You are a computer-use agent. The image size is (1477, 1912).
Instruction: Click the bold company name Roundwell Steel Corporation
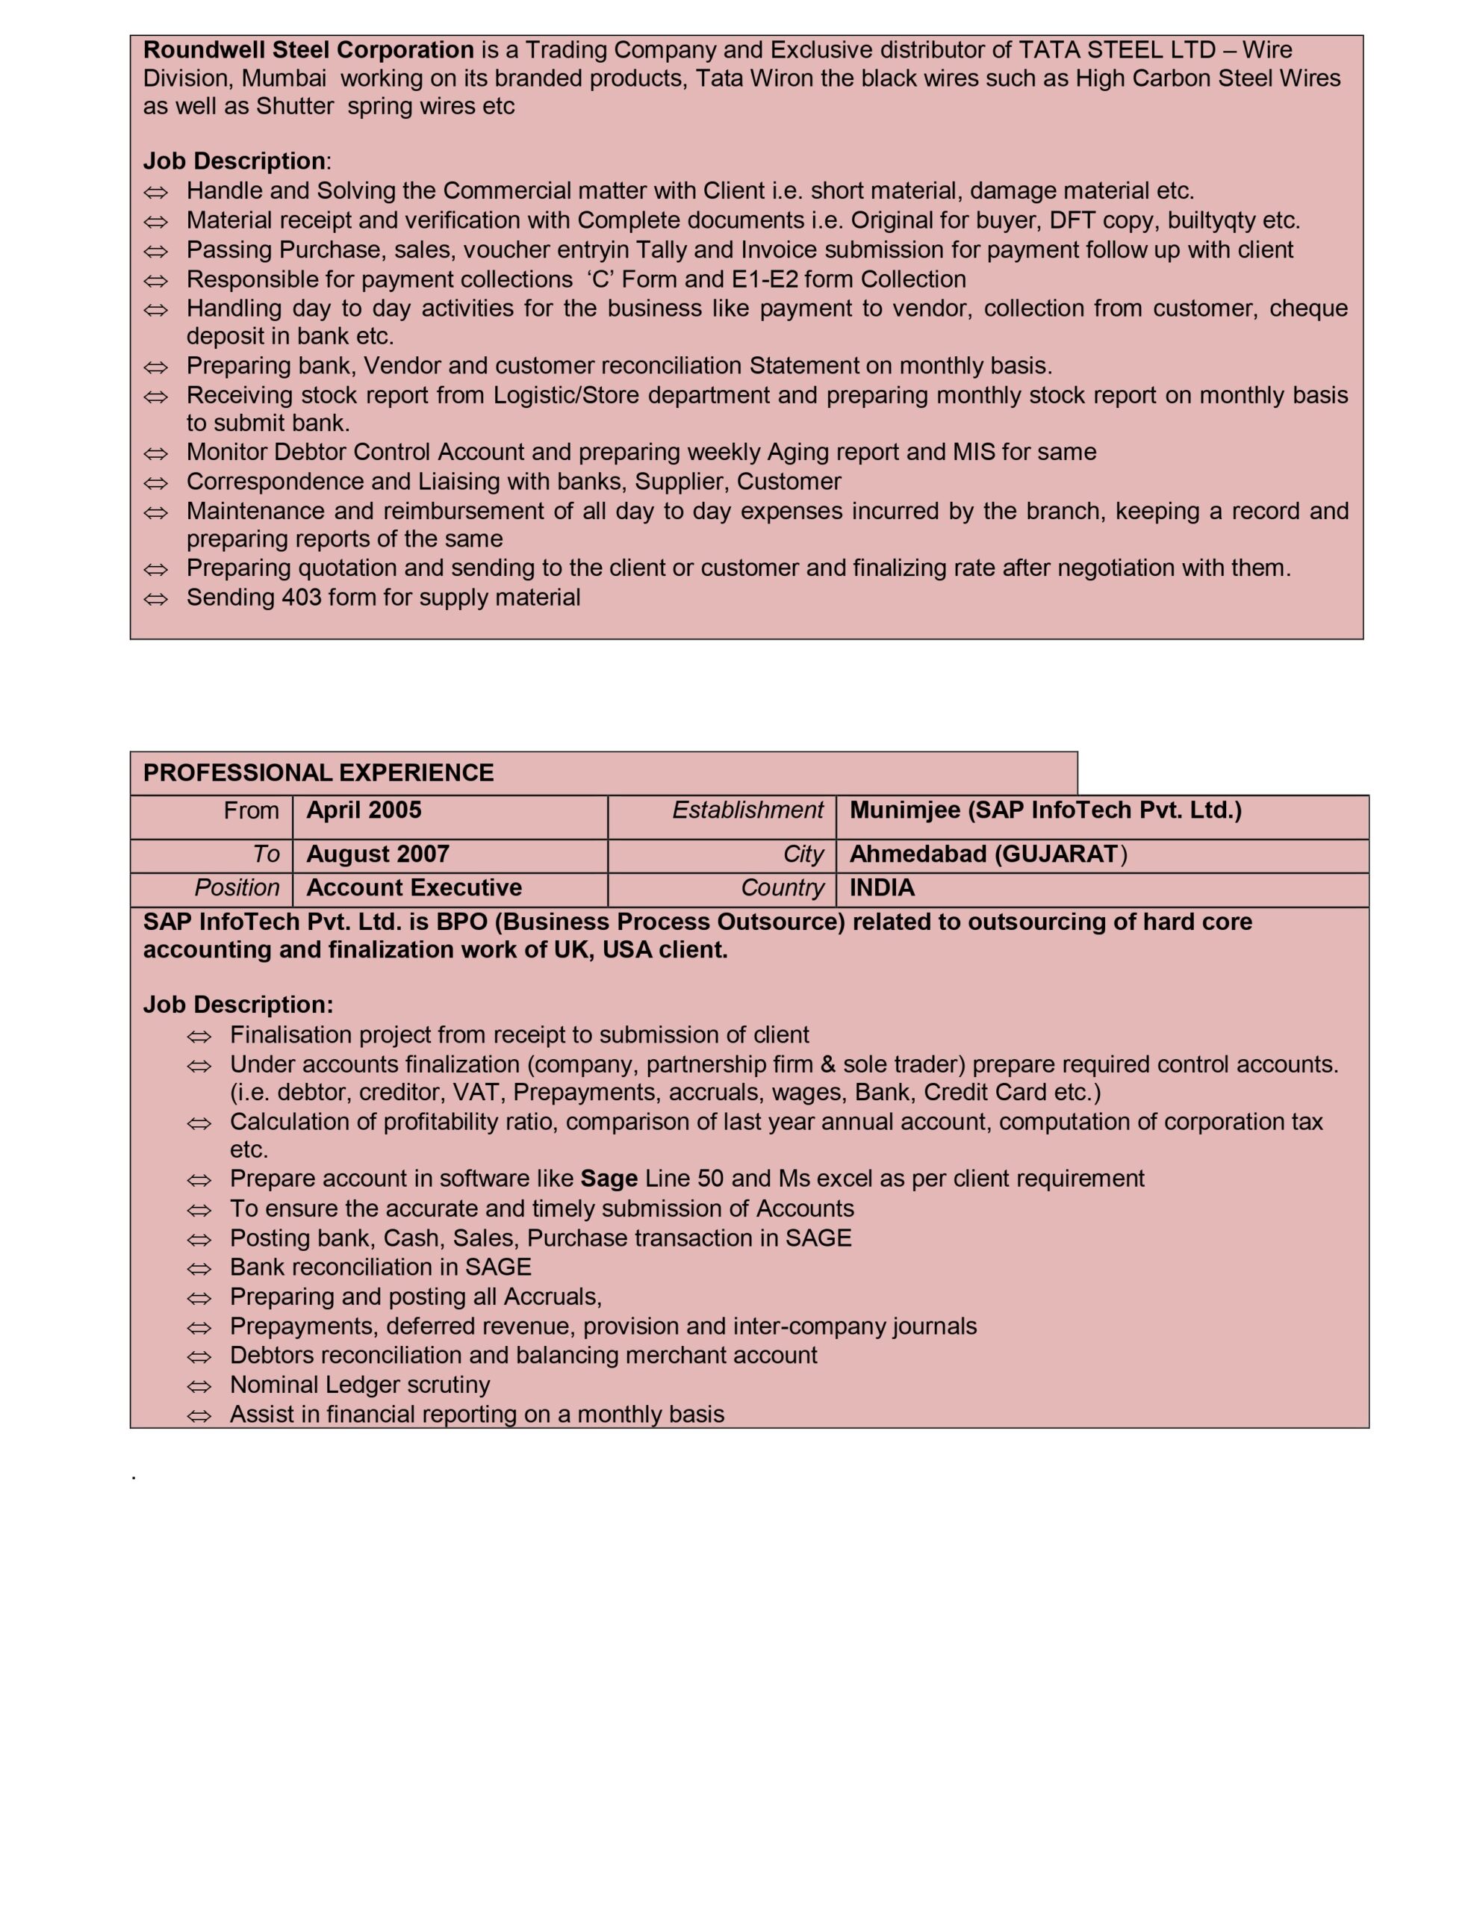pyautogui.click(x=308, y=50)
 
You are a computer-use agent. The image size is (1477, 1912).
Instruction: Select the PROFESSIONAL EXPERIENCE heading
pyautogui.click(x=318, y=773)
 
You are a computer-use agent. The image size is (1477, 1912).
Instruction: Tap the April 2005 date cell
pyautogui.click(x=364, y=810)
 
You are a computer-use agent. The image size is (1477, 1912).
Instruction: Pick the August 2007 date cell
pyautogui.click(x=377, y=854)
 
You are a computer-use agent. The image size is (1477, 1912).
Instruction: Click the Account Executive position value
pyautogui.click(x=413, y=888)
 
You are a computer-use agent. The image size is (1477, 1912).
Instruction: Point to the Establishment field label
pyautogui.click(x=747, y=810)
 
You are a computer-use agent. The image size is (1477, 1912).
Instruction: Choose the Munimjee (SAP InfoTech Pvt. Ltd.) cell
pyautogui.click(x=1045, y=810)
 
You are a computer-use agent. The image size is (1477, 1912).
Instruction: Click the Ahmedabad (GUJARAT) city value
pyautogui.click(x=988, y=854)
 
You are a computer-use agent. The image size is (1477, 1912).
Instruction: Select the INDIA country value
pyautogui.click(x=882, y=888)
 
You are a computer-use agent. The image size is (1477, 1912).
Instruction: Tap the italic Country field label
pyautogui.click(x=782, y=889)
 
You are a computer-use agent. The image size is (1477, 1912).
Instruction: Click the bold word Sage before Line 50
pyautogui.click(x=609, y=1179)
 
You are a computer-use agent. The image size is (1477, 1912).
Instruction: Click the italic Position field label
pyautogui.click(x=237, y=889)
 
